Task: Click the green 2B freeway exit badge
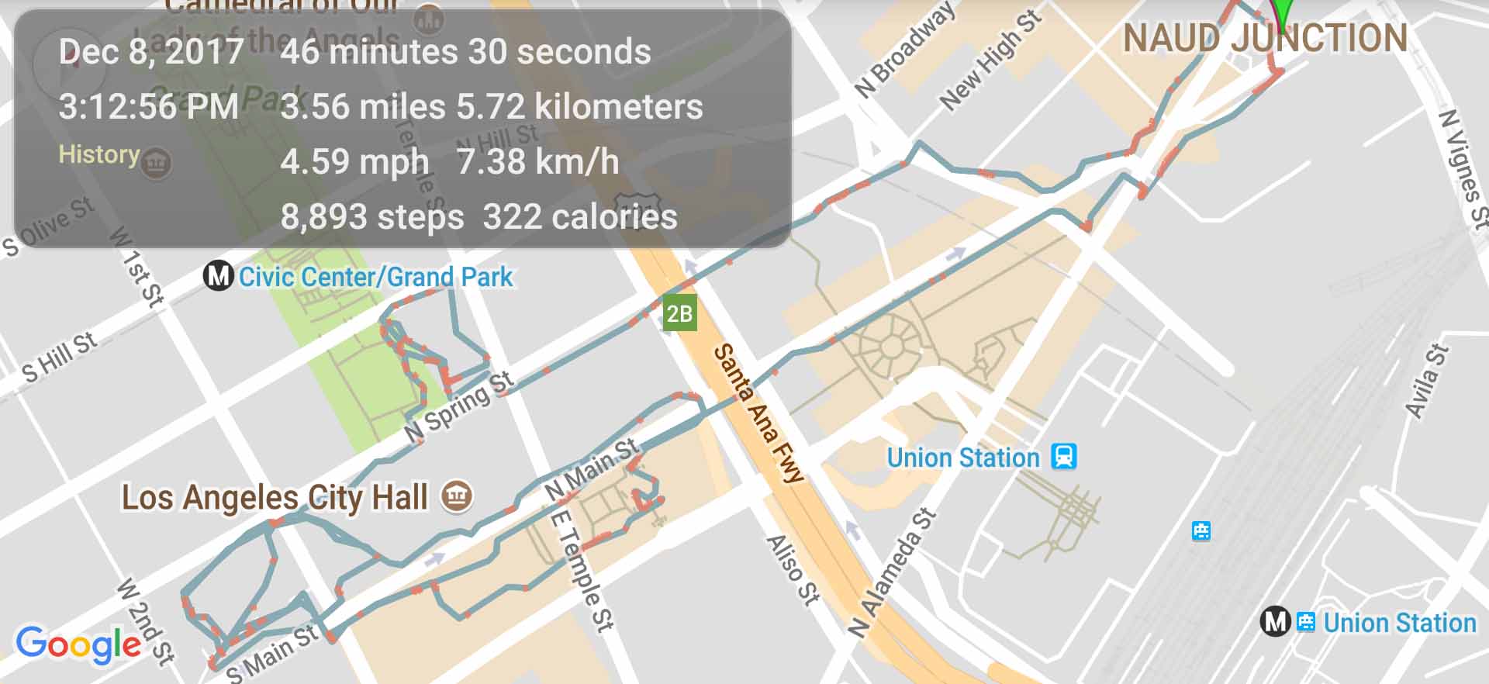point(679,314)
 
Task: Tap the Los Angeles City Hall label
point(275,498)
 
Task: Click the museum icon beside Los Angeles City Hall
point(457,496)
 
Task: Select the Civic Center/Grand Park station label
point(375,277)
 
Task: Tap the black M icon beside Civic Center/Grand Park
point(218,276)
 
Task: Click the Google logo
point(78,644)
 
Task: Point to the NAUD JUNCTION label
point(1265,39)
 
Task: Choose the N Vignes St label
point(1463,168)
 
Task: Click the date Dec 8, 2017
point(151,52)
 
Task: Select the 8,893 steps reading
point(372,217)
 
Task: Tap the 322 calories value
point(580,217)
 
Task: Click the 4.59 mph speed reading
point(354,162)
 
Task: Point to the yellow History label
point(99,154)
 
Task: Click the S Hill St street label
point(60,358)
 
